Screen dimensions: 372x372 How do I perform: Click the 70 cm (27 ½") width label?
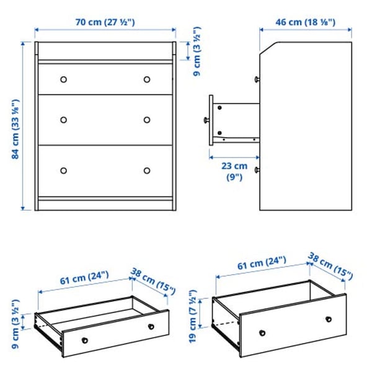pyautogui.click(x=105, y=22)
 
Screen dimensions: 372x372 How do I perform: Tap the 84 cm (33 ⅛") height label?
pyautogui.click(x=16, y=126)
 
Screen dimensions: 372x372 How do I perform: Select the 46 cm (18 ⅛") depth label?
pyautogui.click(x=306, y=22)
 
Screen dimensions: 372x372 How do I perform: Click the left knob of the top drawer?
pyautogui.click(x=63, y=79)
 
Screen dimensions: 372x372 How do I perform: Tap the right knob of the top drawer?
pyautogui.click(x=147, y=79)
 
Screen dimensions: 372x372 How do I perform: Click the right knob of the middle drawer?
pyautogui.click(x=147, y=120)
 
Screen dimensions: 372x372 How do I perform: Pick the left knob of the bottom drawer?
pyautogui.click(x=63, y=170)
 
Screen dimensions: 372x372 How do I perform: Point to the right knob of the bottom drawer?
pyautogui.click(x=147, y=170)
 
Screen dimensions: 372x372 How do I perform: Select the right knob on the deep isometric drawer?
pyautogui.click(x=327, y=318)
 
